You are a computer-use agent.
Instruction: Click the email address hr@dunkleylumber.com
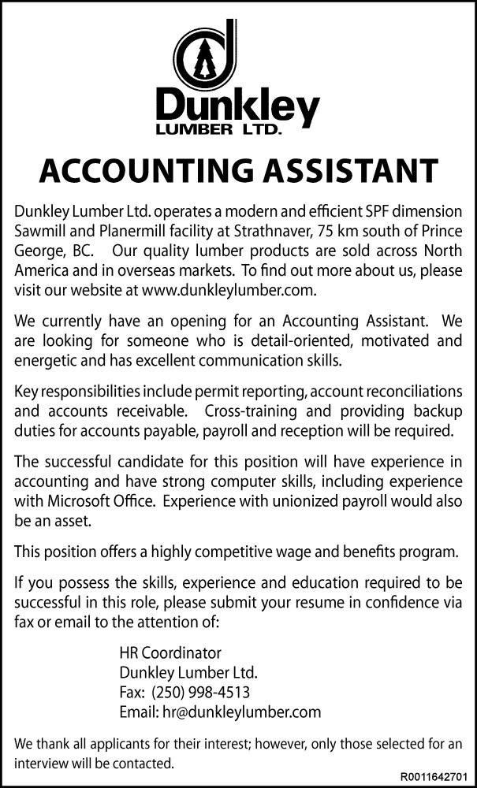point(240,712)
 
